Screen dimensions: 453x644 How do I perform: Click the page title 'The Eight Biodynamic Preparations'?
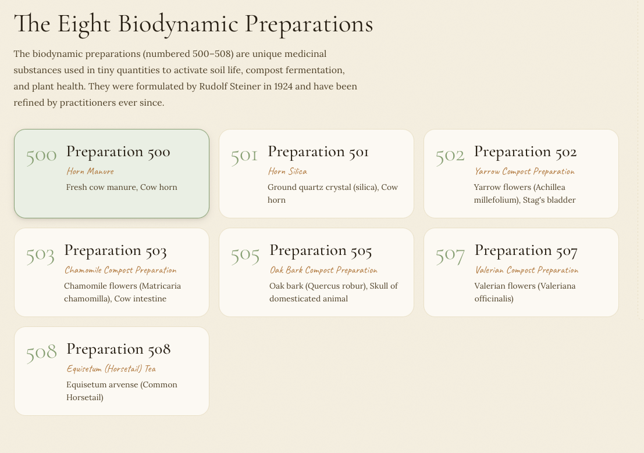coord(193,24)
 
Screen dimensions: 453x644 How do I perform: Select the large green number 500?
coord(41,155)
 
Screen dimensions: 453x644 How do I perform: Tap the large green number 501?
coord(244,155)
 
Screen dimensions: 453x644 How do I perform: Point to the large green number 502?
coord(450,155)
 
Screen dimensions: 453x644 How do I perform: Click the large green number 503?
coord(40,254)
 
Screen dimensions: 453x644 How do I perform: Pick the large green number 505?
coord(245,254)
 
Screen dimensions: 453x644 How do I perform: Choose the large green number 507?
coord(450,254)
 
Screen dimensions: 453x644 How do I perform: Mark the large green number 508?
coord(41,353)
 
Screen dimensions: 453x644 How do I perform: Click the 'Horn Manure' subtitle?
coord(90,171)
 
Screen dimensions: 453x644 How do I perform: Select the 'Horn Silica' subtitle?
coord(287,171)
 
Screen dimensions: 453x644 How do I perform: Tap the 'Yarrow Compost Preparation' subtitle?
coord(524,171)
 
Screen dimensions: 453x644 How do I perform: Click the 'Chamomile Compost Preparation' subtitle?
coord(120,270)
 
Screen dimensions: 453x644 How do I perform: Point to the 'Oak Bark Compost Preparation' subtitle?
coord(323,270)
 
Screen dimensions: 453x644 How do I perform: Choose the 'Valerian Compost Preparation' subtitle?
coord(526,270)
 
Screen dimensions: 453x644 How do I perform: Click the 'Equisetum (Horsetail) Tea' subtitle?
coord(111,369)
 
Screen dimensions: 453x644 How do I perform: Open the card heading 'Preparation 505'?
coord(321,250)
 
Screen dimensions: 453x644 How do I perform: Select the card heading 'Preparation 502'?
coord(525,152)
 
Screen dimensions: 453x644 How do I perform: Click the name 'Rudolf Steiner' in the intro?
coord(230,87)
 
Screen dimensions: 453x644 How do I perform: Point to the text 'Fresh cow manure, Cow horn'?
coord(122,187)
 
